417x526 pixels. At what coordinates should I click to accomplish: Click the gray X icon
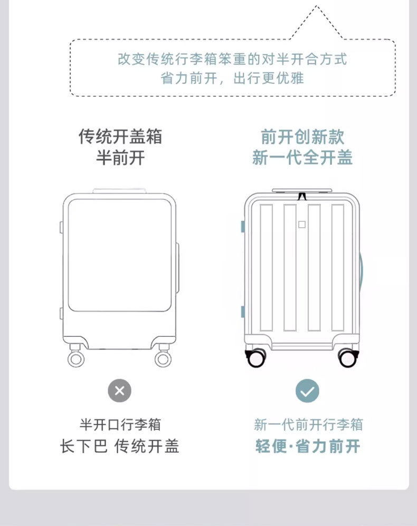click(x=119, y=391)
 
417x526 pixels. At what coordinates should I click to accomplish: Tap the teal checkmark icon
click(x=307, y=391)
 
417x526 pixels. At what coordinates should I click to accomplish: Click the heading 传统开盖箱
click(x=120, y=137)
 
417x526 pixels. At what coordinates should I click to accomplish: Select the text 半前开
click(x=120, y=157)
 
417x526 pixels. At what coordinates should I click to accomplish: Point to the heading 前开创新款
click(x=302, y=137)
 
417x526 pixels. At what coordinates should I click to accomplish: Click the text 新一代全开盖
click(x=302, y=157)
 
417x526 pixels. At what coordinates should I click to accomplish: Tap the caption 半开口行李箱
click(x=120, y=424)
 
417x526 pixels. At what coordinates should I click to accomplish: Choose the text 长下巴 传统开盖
click(x=120, y=446)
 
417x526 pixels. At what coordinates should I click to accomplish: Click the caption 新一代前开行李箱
click(x=308, y=424)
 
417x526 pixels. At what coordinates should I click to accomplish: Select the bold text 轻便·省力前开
click(x=308, y=446)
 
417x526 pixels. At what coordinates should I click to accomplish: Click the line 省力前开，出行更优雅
click(x=232, y=79)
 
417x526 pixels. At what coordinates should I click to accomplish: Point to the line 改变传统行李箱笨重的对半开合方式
click(x=232, y=59)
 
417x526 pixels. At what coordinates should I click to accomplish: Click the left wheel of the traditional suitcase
click(x=76, y=358)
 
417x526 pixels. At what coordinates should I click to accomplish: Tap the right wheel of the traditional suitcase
click(x=163, y=358)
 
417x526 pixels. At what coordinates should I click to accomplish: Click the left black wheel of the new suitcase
click(x=257, y=358)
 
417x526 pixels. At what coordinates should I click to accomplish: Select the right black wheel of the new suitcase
click(x=347, y=358)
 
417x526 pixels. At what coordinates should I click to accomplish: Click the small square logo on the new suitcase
click(x=301, y=224)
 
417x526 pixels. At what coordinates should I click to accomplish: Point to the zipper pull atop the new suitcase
click(x=302, y=196)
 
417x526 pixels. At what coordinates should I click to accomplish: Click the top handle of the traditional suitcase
click(x=119, y=191)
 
